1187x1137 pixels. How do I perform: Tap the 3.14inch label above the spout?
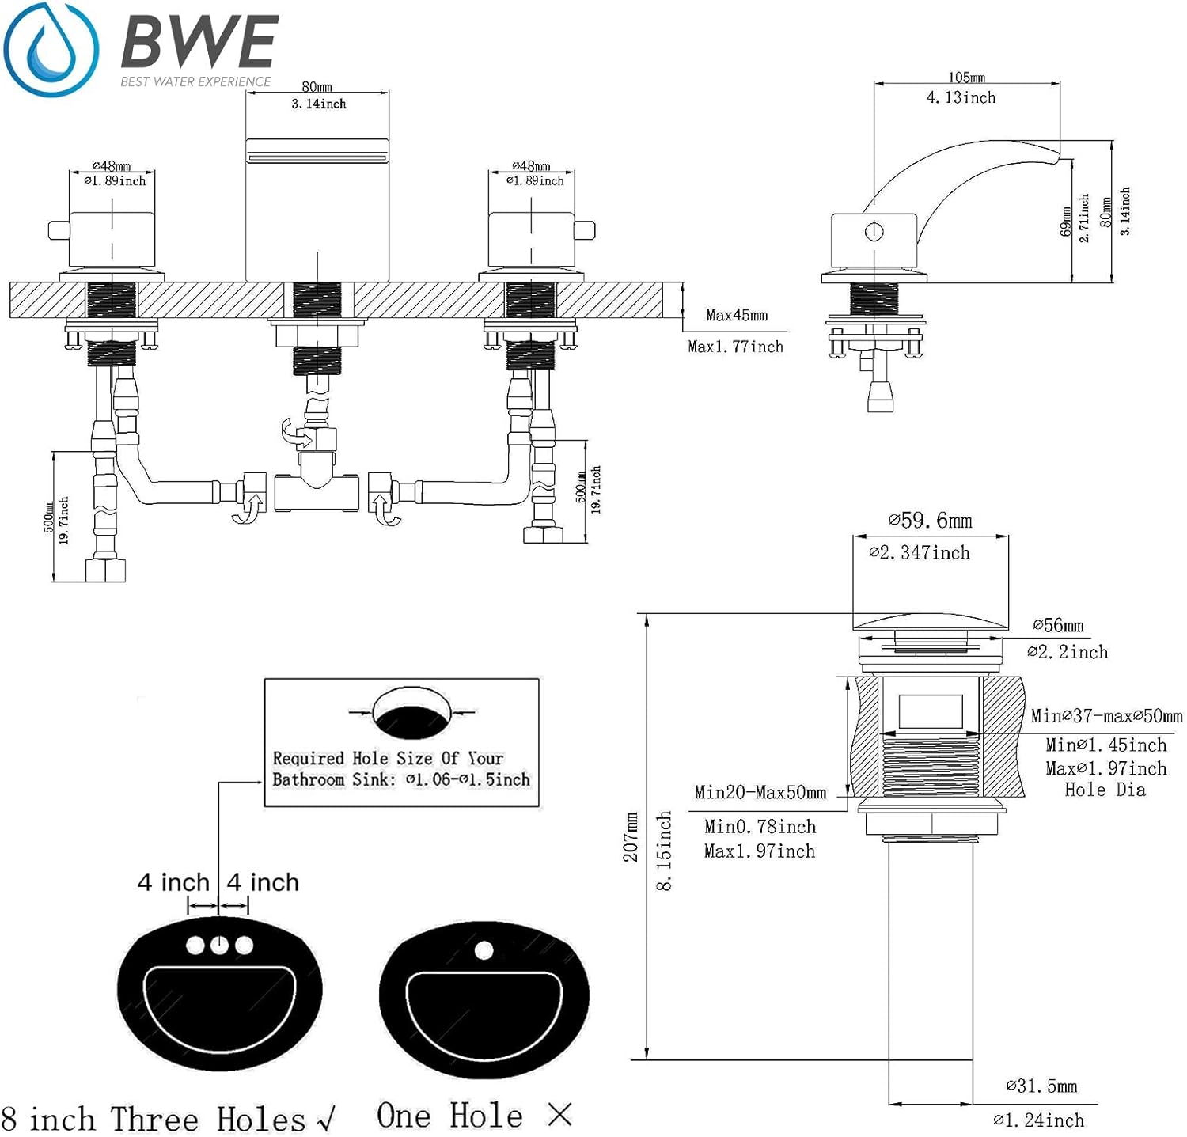click(x=319, y=104)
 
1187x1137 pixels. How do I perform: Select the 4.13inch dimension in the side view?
click(x=961, y=97)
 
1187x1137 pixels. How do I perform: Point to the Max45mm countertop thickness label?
click(x=737, y=315)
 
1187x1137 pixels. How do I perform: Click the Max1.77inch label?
click(x=735, y=347)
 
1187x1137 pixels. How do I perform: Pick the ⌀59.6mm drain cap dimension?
click(x=930, y=521)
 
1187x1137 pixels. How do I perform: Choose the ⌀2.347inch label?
click(x=920, y=552)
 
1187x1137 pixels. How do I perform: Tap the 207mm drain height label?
click(x=631, y=837)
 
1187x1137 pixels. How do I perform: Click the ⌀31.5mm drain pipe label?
click(x=1041, y=1086)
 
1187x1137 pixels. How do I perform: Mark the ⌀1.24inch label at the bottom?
click(x=1038, y=1120)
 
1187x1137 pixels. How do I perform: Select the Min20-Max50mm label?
click(x=760, y=792)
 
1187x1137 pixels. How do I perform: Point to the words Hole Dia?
click(x=1105, y=789)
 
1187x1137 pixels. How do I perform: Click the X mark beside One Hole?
click(x=559, y=1115)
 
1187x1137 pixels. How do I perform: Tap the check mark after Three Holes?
click(x=325, y=1119)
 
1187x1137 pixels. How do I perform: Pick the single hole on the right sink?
click(x=484, y=950)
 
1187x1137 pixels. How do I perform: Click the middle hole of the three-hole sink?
click(x=219, y=945)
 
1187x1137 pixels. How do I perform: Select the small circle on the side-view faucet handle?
click(x=874, y=232)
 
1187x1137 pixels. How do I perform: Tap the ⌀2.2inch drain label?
click(x=1068, y=652)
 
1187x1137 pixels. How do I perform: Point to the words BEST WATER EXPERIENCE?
click(x=195, y=81)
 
